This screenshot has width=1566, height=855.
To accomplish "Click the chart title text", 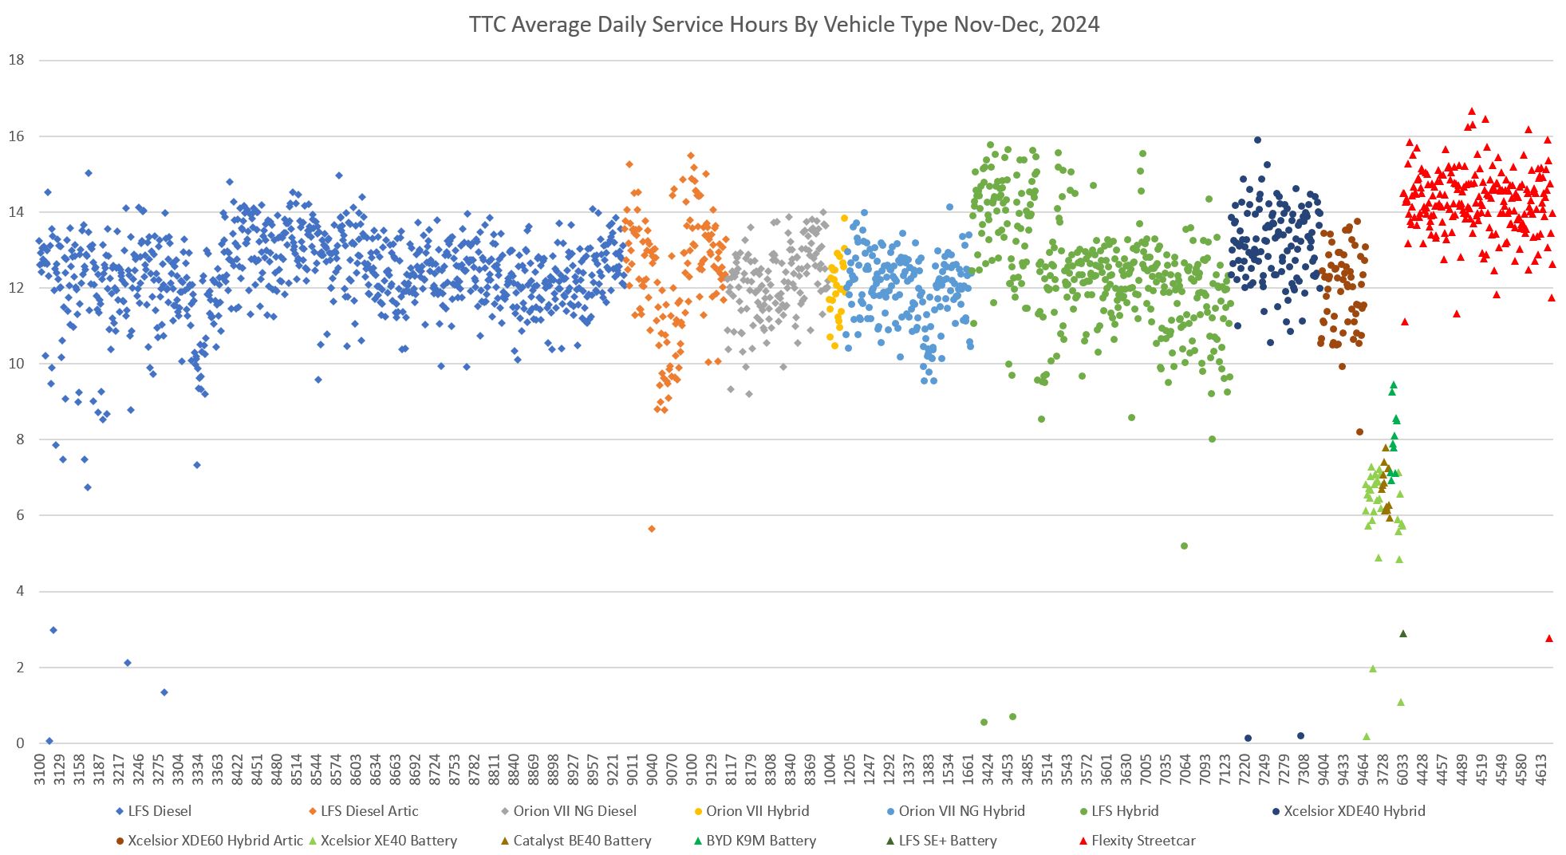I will click(x=783, y=25).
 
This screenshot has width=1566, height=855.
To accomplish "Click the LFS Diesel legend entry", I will click(x=160, y=811).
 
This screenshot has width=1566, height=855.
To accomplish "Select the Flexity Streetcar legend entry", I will click(x=1142, y=841).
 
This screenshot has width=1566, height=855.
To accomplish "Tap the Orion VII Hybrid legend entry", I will click(x=756, y=811).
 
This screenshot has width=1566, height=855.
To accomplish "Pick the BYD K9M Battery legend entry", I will click(x=760, y=841).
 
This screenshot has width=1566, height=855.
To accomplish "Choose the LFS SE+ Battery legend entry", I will click(x=947, y=841).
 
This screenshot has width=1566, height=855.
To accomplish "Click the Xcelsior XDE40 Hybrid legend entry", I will click(x=1354, y=811).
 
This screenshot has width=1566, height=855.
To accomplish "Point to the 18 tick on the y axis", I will click(x=16, y=60).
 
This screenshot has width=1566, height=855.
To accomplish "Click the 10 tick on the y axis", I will click(x=16, y=364).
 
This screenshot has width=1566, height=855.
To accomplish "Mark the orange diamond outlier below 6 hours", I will click(x=651, y=529).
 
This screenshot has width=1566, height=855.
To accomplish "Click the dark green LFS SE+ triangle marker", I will click(x=1403, y=634).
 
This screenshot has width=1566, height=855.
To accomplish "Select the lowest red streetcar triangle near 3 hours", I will click(x=1549, y=638).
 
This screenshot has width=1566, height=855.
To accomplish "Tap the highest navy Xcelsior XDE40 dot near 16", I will click(x=1257, y=140).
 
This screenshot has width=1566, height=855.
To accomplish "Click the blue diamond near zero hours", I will click(x=49, y=741).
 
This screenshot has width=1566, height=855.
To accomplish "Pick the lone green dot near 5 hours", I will click(x=1184, y=546).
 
